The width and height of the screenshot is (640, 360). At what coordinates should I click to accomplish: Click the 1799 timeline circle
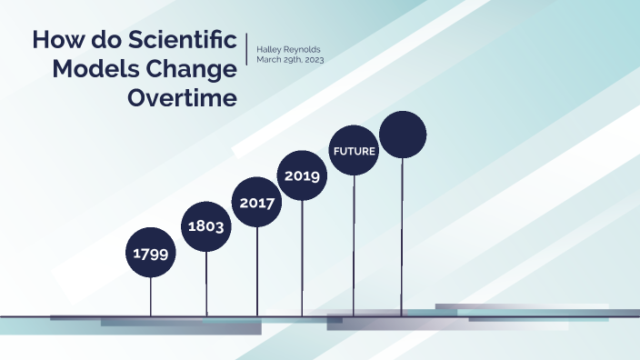pyautogui.click(x=151, y=254)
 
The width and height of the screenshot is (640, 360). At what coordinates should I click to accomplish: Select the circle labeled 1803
pyautogui.click(x=207, y=226)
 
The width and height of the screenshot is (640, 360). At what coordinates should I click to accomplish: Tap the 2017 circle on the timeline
pyautogui.click(x=257, y=203)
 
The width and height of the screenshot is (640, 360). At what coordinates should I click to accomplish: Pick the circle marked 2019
pyautogui.click(x=302, y=175)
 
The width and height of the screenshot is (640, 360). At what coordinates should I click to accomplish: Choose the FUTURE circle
pyautogui.click(x=354, y=151)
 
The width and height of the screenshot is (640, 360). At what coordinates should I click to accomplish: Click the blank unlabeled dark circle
pyautogui.click(x=403, y=135)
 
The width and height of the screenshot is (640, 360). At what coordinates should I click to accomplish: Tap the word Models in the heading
pyautogui.click(x=95, y=70)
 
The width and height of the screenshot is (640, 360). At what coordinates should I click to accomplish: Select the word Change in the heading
pyautogui.click(x=190, y=70)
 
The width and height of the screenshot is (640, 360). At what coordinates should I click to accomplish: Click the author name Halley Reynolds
pyautogui.click(x=290, y=48)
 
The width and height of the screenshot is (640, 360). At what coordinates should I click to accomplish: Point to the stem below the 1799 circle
pyautogui.click(x=151, y=295)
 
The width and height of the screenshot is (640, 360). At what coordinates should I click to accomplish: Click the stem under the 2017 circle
pyautogui.click(x=257, y=273)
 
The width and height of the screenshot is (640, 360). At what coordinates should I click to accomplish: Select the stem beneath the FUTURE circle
pyautogui.click(x=354, y=245)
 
